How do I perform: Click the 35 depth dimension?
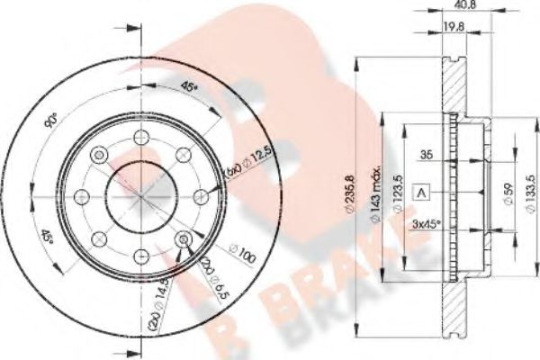point(428,155)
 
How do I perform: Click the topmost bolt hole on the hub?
point(140,138)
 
